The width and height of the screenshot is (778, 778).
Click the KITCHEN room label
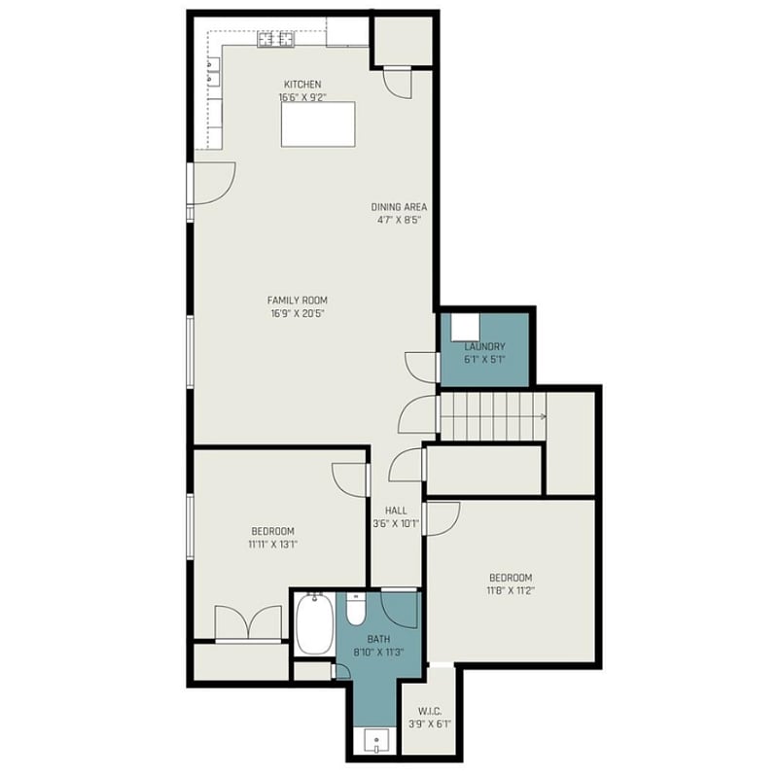pyautogui.click(x=302, y=85)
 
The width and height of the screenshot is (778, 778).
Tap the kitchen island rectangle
pyautogui.click(x=318, y=124)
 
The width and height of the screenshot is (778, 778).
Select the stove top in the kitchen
pyautogui.click(x=276, y=39)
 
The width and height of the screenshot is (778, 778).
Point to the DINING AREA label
pyautogui.click(x=399, y=207)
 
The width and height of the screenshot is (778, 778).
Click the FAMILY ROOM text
pyautogui.click(x=298, y=301)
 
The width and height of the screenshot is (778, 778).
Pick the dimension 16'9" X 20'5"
pyautogui.click(x=298, y=313)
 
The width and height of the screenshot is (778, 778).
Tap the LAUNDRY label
pyautogui.click(x=484, y=346)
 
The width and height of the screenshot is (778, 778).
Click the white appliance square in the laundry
pyautogui.click(x=465, y=327)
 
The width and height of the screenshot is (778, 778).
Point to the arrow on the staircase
pyautogui.click(x=543, y=417)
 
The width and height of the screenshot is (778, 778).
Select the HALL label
pyautogui.click(x=396, y=511)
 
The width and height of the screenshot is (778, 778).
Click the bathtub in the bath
pyautogui.click(x=314, y=623)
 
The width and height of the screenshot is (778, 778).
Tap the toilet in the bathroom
pyautogui.click(x=356, y=609)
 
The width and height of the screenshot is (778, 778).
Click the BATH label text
pyautogui.click(x=378, y=639)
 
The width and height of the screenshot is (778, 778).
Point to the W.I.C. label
pyautogui.click(x=430, y=712)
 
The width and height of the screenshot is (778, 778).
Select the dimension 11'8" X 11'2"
pyautogui.click(x=511, y=591)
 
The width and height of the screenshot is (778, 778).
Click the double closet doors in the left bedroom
pyautogui.click(x=248, y=623)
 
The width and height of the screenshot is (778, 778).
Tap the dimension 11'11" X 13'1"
pyautogui.click(x=273, y=545)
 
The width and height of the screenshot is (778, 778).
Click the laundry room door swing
pyautogui.click(x=421, y=368)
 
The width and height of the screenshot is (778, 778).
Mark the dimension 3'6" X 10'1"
pyautogui.click(x=396, y=523)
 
